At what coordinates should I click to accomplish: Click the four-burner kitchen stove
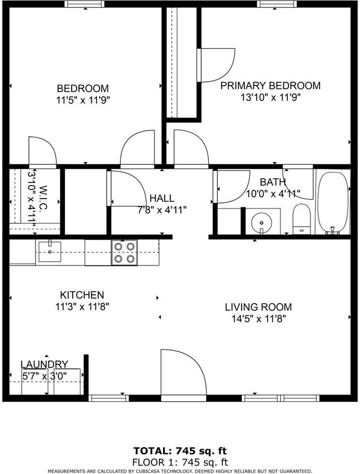124,252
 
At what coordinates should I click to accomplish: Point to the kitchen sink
48,251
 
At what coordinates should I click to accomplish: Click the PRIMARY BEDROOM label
270,85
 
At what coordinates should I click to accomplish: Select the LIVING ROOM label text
258,307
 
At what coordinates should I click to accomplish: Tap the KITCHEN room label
82,295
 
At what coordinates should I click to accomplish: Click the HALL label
162,198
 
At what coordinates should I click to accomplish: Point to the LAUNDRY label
44,364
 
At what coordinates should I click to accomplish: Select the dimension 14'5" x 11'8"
258,319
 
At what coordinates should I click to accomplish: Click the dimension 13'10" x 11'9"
270,97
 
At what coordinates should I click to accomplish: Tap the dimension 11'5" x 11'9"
83,100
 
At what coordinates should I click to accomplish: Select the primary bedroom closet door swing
216,65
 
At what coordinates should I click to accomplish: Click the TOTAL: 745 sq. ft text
180,451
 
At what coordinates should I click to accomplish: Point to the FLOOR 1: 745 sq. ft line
180,462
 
